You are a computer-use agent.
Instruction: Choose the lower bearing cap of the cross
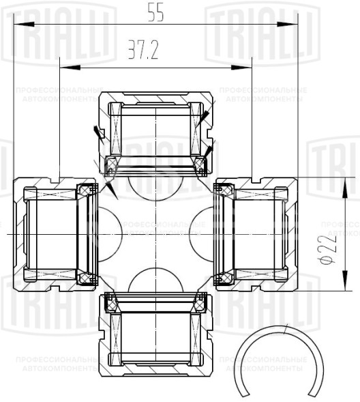156,334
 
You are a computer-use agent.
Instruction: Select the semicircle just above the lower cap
156,281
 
